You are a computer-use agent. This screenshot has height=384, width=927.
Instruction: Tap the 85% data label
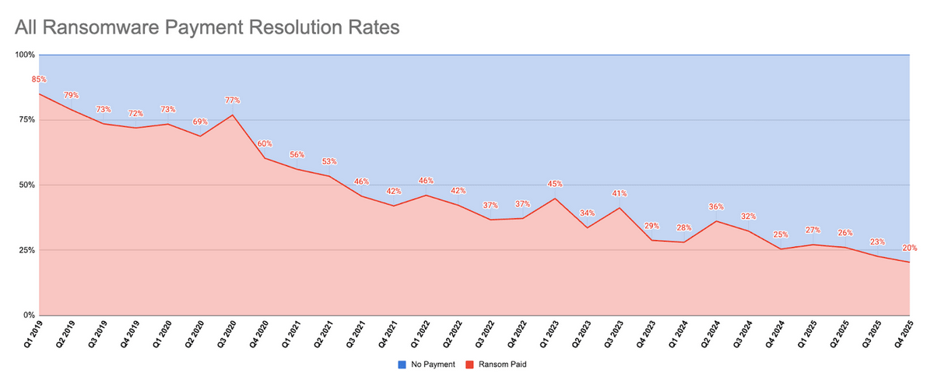click(39, 79)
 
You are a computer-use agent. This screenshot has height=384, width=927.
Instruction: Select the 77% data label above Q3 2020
click(233, 100)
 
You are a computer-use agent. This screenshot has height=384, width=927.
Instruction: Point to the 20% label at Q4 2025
click(910, 248)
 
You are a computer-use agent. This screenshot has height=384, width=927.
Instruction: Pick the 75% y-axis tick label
click(26, 120)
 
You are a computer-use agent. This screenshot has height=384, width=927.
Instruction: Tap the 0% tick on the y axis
click(29, 315)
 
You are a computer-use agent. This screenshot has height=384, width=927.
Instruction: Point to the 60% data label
click(265, 144)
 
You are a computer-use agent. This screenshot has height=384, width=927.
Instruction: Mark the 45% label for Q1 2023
click(555, 185)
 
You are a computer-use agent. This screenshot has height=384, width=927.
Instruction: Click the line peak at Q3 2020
click(233, 115)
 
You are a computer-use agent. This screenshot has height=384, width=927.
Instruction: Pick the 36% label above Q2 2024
click(716, 207)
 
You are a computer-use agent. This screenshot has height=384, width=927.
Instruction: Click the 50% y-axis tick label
click(26, 185)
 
